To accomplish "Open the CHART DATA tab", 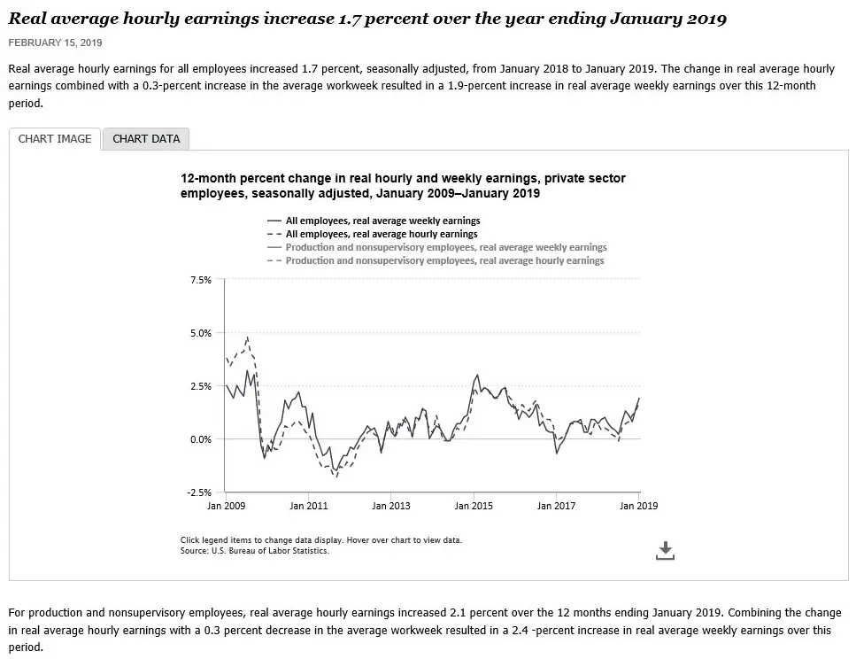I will (146, 139).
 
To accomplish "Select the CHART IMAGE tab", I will (55, 139).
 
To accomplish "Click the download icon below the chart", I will (666, 551).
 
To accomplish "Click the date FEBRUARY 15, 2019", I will (55, 43).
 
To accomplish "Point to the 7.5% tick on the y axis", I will (200, 280).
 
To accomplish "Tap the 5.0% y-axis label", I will (200, 333).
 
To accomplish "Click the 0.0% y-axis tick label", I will (200, 439).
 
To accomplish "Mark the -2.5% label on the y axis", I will (199, 492).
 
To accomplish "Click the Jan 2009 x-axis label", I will (226, 506).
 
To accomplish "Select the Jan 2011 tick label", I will (308, 506).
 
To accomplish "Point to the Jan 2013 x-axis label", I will (391, 506).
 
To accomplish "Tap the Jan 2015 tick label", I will (474, 506).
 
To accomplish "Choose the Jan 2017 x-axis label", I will (556, 506).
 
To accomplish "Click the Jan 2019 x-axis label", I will (638, 506).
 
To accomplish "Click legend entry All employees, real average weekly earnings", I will (382, 221).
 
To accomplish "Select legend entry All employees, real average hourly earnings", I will (382, 234).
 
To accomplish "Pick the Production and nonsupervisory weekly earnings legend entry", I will (446, 247).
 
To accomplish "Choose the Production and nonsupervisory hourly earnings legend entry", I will (444, 260).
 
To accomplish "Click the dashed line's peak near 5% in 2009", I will (247, 337).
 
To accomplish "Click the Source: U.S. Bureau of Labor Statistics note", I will (254, 551).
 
